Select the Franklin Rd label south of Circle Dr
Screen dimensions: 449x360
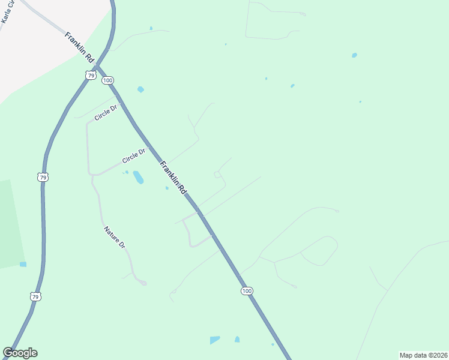[x=173, y=177]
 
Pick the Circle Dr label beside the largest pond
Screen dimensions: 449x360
[x=134, y=157]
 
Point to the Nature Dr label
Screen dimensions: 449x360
[x=114, y=238]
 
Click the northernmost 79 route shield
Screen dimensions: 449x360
[x=90, y=75]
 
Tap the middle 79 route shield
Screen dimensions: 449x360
[x=42, y=177]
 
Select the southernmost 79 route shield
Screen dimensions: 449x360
[x=35, y=296]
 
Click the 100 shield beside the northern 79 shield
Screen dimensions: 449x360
[x=107, y=80]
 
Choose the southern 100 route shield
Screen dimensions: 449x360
[x=247, y=291]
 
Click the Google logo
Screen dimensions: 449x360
[x=20, y=353]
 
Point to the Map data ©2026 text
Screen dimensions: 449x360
[x=423, y=355]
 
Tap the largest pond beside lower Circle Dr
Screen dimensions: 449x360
[x=138, y=178]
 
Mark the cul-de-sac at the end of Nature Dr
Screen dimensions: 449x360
[x=143, y=283]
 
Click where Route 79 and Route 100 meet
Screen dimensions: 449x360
[x=100, y=61]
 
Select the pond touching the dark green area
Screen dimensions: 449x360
[x=23, y=264]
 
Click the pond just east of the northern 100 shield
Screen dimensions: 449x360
[x=140, y=89]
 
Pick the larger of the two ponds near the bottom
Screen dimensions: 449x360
[x=215, y=340]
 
